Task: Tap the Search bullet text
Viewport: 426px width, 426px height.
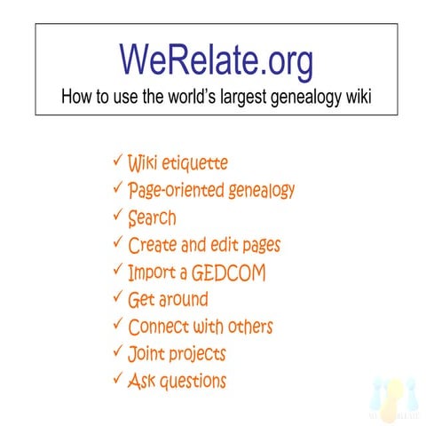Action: (x=152, y=217)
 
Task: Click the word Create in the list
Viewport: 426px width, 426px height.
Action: (x=152, y=244)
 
